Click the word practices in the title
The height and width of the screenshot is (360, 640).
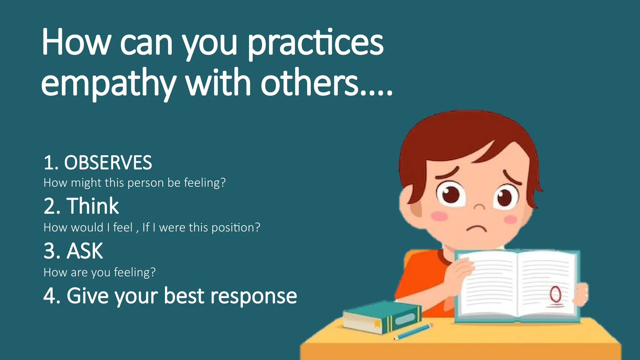click(316, 44)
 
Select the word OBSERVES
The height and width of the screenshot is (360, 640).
click(108, 163)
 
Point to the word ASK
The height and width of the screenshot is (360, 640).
click(85, 251)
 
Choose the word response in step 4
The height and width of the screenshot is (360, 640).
click(253, 296)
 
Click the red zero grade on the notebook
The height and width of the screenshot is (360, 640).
click(555, 294)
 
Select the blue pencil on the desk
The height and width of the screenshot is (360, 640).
click(413, 332)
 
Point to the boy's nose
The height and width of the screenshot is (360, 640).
click(479, 206)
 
